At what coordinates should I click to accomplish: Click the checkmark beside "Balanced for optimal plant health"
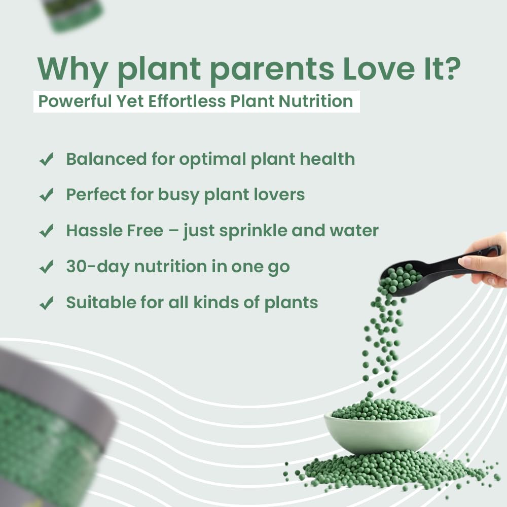(47, 160)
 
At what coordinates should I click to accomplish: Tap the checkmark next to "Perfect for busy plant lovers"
(47, 195)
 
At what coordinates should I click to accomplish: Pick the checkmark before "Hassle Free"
(47, 231)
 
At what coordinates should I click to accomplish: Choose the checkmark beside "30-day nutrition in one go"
(47, 267)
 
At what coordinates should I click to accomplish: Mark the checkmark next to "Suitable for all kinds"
(47, 303)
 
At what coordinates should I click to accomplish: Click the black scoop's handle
(446, 264)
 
